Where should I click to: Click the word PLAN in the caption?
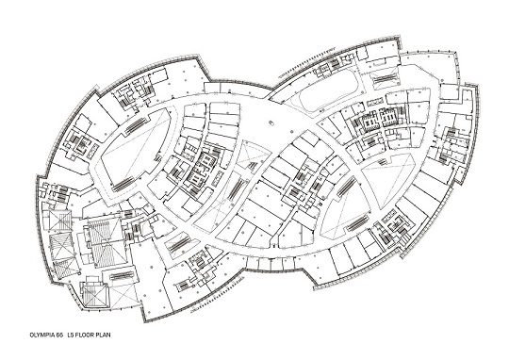103,335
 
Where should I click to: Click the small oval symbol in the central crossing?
271,123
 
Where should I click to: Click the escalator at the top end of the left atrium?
135,125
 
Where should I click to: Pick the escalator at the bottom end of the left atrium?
123,185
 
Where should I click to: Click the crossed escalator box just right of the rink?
385,78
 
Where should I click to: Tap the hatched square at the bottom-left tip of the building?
95,296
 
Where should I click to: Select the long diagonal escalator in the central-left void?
238,189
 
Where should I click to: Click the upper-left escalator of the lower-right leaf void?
346,187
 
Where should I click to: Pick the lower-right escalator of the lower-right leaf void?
358,223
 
